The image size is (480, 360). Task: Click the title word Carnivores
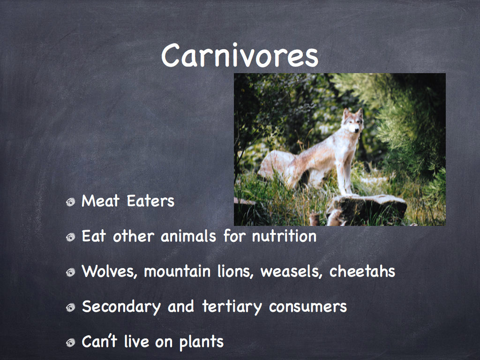[x=240, y=55]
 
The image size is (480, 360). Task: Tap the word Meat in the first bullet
[x=100, y=201]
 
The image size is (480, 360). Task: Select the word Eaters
[x=150, y=201]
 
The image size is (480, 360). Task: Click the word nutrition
[x=284, y=236]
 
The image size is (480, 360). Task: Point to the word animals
[x=188, y=236]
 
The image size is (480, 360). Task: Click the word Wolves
[x=109, y=271]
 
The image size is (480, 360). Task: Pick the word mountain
[x=177, y=271]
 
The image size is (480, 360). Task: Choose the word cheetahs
[x=362, y=271]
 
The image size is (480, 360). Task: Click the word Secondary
[x=121, y=307]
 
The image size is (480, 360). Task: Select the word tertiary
[x=232, y=307]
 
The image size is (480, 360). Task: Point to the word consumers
[x=307, y=307]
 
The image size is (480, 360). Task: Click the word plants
[x=202, y=342]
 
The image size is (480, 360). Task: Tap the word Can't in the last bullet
[x=99, y=341]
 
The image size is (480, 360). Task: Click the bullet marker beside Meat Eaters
[x=70, y=202]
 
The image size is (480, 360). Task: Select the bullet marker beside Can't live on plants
[x=70, y=343]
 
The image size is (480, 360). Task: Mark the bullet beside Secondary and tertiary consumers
[x=70, y=307]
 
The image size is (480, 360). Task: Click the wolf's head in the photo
[x=353, y=121]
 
